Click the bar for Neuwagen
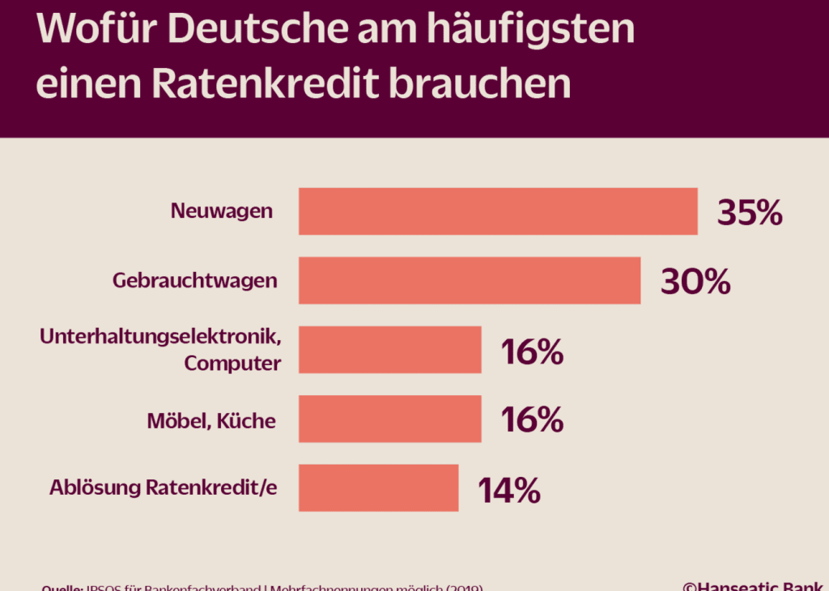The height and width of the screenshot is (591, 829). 498,211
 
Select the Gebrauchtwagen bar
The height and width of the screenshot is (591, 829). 470,281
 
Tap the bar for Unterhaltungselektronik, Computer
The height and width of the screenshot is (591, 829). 389,350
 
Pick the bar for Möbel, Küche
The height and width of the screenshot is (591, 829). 389,419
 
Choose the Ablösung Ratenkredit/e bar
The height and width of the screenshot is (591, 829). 378,487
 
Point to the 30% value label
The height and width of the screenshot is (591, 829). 695,282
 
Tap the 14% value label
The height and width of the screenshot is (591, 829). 508,490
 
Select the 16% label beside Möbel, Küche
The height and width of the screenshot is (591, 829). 531,419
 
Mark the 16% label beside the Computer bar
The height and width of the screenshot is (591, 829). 531,351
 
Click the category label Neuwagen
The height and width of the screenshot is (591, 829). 221,212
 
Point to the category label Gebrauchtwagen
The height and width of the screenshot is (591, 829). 195,281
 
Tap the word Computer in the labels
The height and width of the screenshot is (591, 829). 232,364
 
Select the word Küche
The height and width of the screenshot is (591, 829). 246,421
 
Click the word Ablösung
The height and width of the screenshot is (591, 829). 94,487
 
